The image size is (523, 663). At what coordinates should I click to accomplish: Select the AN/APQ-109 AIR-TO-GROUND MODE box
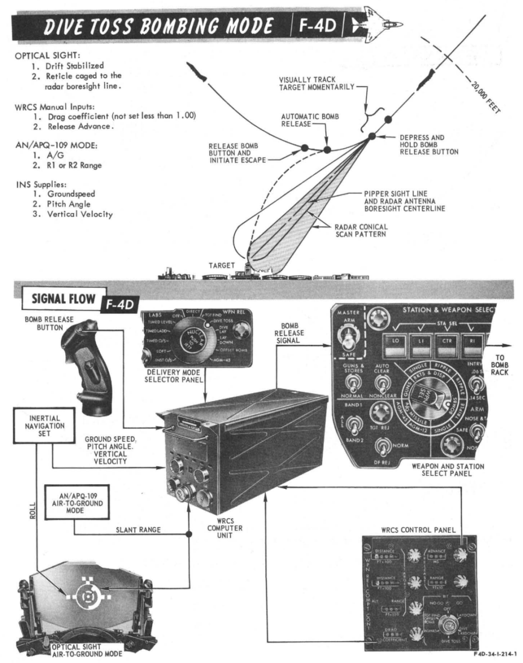[70, 499]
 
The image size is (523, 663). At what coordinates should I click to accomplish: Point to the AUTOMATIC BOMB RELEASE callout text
[303, 120]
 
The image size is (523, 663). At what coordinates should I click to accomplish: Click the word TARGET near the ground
[222, 265]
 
